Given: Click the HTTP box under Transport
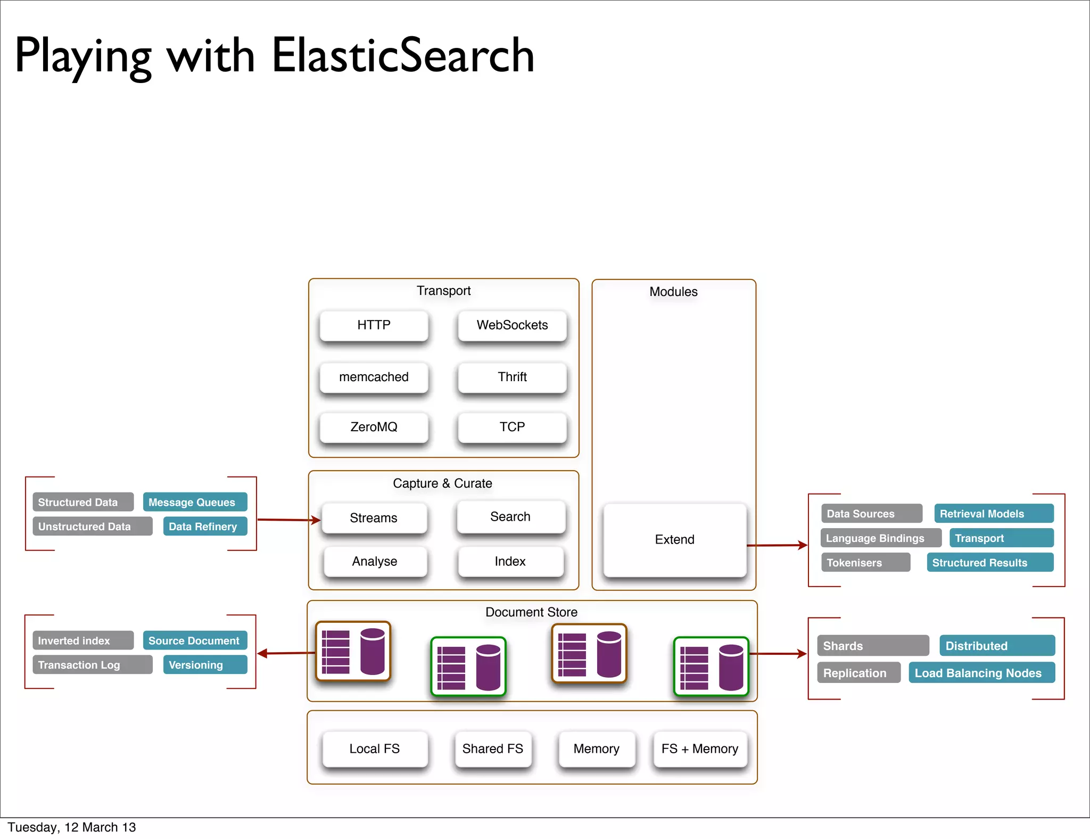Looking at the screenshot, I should click(x=374, y=325).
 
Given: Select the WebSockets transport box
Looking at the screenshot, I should click(x=512, y=325).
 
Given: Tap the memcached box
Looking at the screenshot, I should click(x=374, y=377).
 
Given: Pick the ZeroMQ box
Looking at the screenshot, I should click(x=374, y=427).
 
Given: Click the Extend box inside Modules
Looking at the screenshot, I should click(x=674, y=539).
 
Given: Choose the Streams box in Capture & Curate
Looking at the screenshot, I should click(x=374, y=517).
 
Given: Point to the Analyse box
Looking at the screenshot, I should click(x=375, y=562).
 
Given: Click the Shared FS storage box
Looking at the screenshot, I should click(x=492, y=748).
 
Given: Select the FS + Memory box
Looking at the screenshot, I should click(x=699, y=748).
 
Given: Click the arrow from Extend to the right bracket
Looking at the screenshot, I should click(x=777, y=545).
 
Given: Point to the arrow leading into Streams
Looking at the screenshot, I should click(x=288, y=520).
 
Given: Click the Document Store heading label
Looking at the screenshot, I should click(x=531, y=612).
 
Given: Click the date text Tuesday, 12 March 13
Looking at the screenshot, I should click(x=72, y=827).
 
